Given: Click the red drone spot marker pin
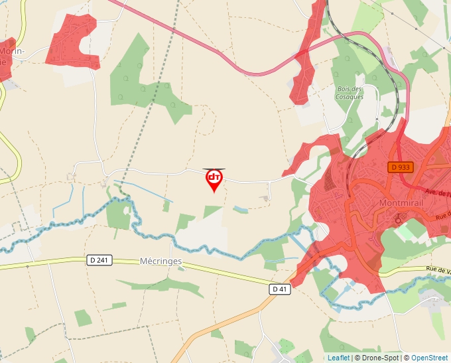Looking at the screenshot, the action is point(214,180).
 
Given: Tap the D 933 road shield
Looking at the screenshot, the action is point(401,168).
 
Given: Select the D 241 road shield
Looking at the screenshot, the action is point(99,260).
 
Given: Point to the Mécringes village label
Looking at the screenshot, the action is point(161,261).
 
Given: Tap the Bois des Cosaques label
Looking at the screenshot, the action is point(350,93).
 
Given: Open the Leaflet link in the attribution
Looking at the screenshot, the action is point(338,358).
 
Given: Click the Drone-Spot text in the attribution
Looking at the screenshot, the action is point(378,358).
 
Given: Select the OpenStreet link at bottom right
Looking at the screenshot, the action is point(430,358).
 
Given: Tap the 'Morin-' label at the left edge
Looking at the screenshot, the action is point(12,50).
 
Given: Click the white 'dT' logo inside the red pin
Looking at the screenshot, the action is point(214,177).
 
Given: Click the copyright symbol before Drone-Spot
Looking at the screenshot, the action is point(357,358).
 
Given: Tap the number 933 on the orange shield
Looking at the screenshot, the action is point(404,168).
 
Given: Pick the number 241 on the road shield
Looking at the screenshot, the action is point(102,260).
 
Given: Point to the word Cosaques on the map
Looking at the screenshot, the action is point(350,97).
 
